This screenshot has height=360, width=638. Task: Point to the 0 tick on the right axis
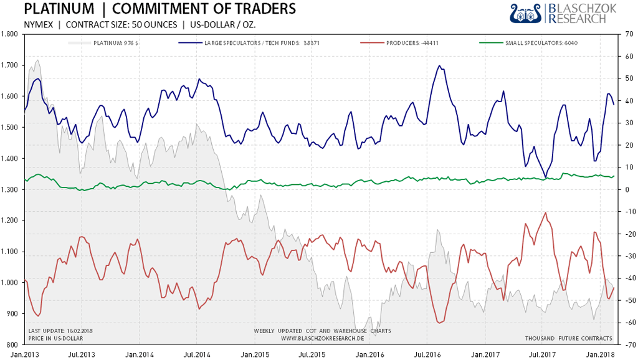[x=627, y=189]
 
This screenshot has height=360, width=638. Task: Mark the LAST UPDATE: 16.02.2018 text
[x=60, y=331]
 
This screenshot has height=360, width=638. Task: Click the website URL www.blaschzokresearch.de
[x=322, y=338]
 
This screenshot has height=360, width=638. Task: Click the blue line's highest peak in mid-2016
[x=440, y=65]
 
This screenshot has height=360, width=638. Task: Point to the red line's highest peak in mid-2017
[x=546, y=213]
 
